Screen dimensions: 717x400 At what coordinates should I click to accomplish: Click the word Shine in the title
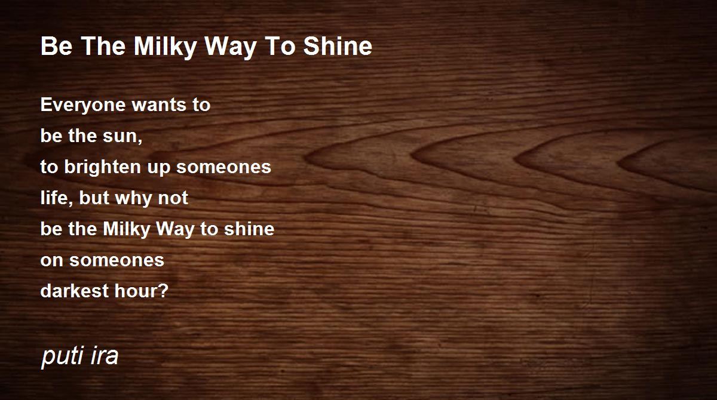[x=338, y=46]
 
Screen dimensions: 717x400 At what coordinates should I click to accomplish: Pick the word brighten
[x=102, y=168]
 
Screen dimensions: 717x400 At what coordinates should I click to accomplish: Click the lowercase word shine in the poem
[x=249, y=229]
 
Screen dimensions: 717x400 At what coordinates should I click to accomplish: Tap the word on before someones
[x=51, y=260]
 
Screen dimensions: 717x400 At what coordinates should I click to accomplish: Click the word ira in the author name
[x=105, y=355]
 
